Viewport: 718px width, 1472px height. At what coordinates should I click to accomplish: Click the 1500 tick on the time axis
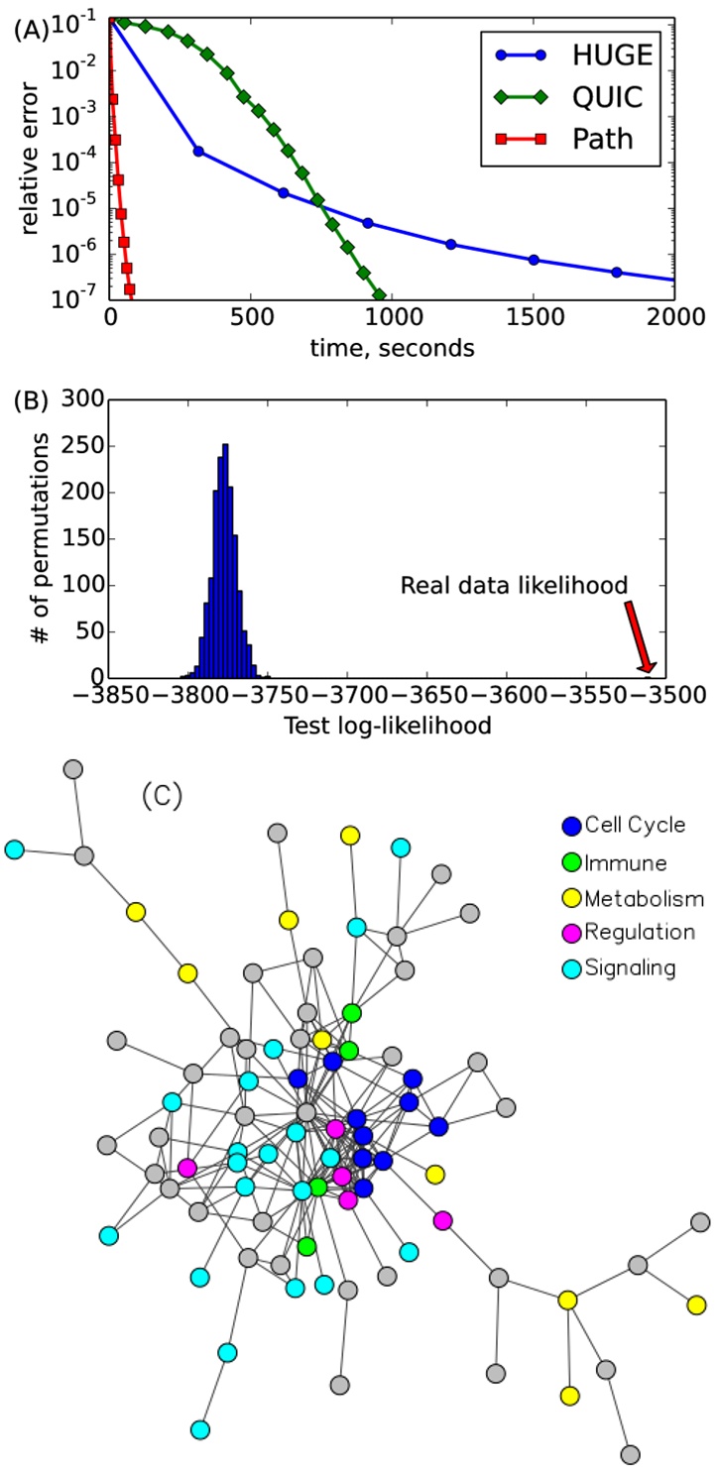[x=533, y=317]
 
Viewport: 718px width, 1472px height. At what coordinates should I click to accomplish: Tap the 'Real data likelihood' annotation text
[x=514, y=586]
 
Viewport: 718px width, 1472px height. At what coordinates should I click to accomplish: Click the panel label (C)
[x=162, y=795]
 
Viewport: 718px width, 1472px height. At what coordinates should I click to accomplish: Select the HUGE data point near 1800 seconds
[x=617, y=272]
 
